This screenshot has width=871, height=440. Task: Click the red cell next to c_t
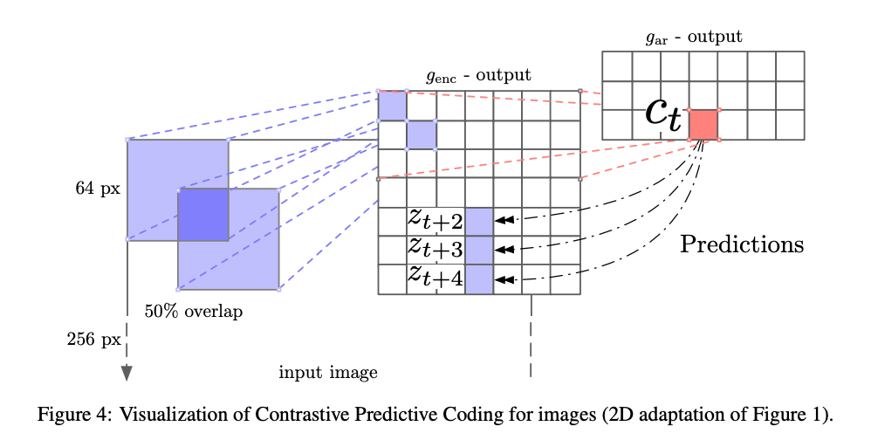(703, 125)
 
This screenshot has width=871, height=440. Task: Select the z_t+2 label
(435, 219)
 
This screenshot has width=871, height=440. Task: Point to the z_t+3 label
(435, 248)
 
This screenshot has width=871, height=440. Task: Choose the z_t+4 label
(435, 277)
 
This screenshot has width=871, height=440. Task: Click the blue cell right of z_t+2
(479, 221)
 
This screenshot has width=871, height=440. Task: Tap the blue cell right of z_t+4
(479, 278)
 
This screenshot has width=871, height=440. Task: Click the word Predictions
(742, 244)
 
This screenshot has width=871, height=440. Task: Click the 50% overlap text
(194, 311)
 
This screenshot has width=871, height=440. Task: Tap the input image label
(328, 372)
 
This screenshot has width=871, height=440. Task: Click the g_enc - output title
(478, 76)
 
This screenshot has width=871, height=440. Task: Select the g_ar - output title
(694, 38)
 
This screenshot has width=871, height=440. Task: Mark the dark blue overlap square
(203, 215)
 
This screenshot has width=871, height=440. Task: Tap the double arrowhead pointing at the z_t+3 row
(504, 250)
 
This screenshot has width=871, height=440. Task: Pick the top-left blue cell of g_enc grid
(392, 105)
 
